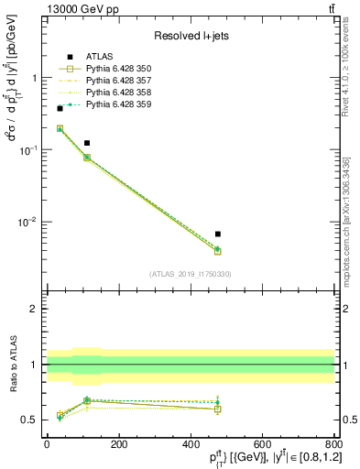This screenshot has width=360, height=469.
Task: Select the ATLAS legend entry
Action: click(100, 57)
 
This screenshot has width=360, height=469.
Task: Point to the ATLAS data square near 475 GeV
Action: click(217, 234)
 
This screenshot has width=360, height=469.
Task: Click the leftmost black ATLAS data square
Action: click(60, 108)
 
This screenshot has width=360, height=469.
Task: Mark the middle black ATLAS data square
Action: click(86, 143)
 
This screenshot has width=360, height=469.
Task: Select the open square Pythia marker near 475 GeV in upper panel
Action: click(217, 251)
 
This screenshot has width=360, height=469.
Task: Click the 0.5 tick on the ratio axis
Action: click(33, 420)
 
